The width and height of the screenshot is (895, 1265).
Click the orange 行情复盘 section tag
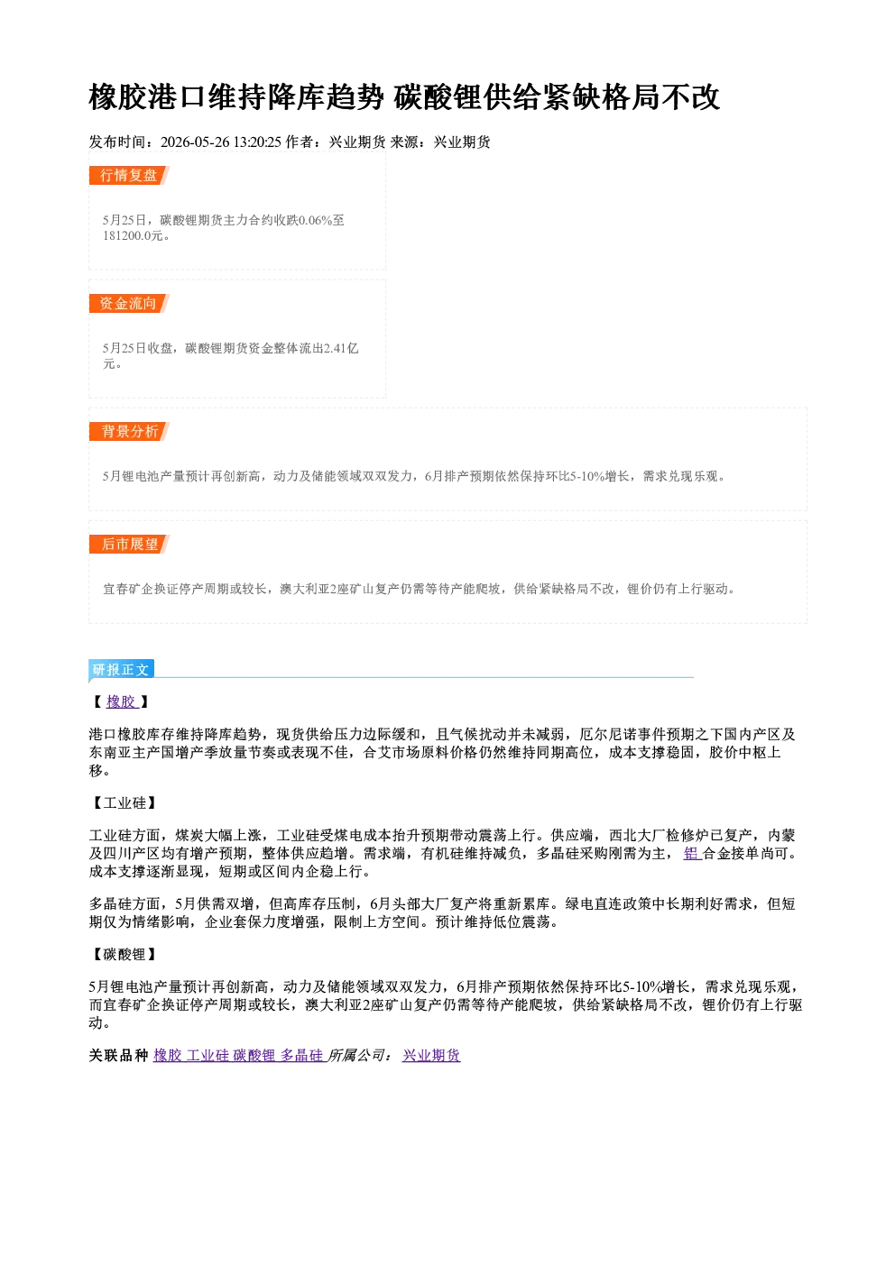tap(129, 175)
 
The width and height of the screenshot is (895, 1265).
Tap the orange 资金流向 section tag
tap(129, 303)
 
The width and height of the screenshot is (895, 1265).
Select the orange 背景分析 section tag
tap(129, 432)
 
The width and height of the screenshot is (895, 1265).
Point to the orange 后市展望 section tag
tap(129, 545)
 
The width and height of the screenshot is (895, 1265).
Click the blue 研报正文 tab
tap(121, 670)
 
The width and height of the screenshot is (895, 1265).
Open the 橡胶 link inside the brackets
tap(122, 701)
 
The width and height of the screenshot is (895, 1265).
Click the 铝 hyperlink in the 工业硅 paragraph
tap(692, 853)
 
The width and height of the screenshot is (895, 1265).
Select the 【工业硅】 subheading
tap(125, 802)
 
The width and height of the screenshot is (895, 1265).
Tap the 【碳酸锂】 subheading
tap(125, 955)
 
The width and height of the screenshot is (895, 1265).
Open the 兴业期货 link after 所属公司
tap(431, 1055)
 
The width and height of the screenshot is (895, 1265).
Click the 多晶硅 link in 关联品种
tap(301, 1055)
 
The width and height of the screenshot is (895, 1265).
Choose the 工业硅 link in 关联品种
tap(208, 1055)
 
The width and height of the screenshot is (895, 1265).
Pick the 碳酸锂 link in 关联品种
tap(254, 1055)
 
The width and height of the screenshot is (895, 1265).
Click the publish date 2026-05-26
tap(195, 142)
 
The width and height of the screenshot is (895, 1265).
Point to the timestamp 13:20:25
tap(257, 142)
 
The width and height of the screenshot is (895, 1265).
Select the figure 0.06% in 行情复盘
tap(315, 220)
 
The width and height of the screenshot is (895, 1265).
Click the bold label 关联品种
tap(118, 1055)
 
